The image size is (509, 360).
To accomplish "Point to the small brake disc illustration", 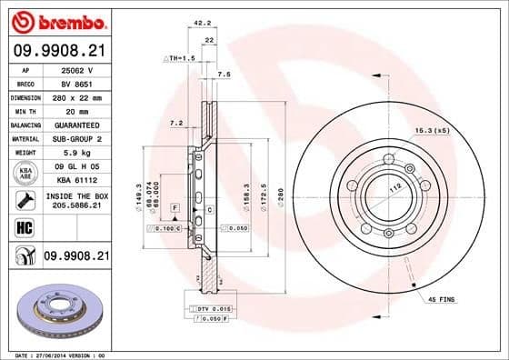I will click(x=57, y=313).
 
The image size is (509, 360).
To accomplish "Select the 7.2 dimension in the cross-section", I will click(x=176, y=122).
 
